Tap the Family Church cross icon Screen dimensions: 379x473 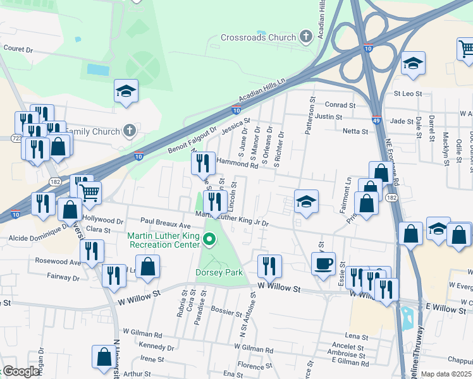(130, 131)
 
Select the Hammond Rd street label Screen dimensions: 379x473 (238, 164)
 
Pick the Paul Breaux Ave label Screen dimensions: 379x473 (166, 224)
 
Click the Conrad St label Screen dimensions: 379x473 (340, 105)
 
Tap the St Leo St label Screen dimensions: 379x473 (408, 93)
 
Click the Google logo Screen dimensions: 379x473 (20, 371)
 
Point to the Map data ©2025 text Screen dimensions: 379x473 (446, 374)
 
